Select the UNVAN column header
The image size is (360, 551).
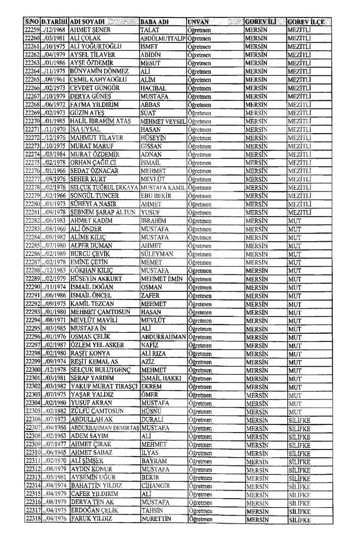tap(199, 21)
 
